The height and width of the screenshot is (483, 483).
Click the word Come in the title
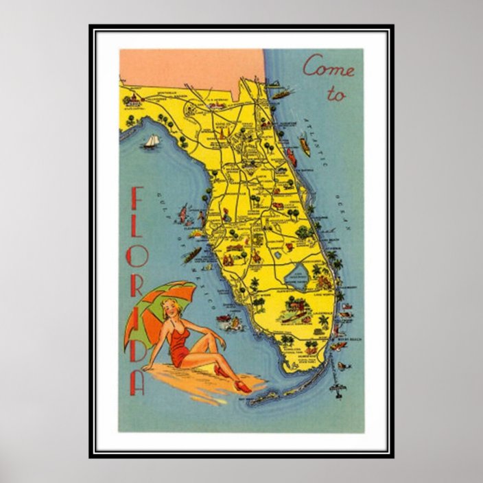click(329, 68)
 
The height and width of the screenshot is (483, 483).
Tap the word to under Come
click(335, 95)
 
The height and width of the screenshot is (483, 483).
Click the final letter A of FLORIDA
click(137, 383)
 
